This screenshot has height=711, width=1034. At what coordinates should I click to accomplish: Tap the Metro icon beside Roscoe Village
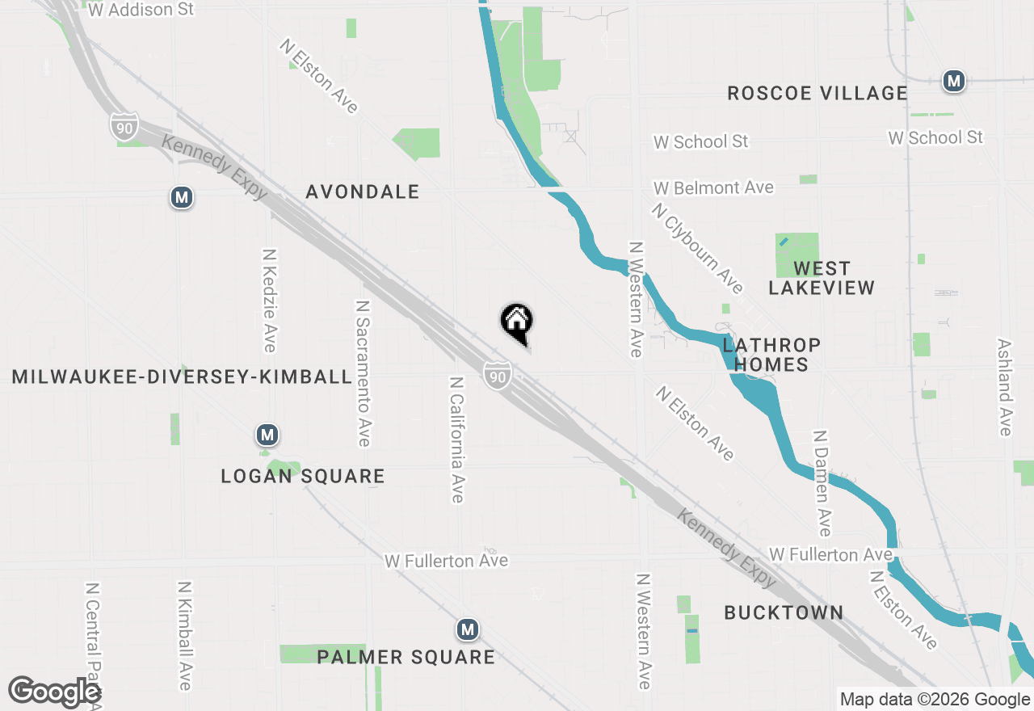click(x=955, y=81)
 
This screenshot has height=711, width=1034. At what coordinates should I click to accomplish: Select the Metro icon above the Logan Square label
click(x=267, y=435)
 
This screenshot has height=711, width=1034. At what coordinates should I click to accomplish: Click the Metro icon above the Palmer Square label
click(x=467, y=629)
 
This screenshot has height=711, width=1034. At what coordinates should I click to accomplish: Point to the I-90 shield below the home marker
click(x=498, y=375)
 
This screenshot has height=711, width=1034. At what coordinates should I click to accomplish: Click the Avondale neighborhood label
click(x=363, y=191)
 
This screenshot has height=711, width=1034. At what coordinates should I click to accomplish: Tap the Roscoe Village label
click(x=818, y=93)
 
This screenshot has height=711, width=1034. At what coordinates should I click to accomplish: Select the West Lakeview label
click(x=822, y=278)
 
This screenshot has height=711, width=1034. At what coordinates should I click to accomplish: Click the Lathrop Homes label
click(x=771, y=355)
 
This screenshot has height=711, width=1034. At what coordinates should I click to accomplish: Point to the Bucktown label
click(x=784, y=612)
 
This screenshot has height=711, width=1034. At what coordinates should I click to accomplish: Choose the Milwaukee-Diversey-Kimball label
click(x=183, y=377)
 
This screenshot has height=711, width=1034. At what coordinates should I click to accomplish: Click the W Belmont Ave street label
click(x=713, y=187)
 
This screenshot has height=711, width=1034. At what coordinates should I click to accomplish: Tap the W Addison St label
click(x=141, y=10)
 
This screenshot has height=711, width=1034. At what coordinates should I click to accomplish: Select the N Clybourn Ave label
click(x=698, y=248)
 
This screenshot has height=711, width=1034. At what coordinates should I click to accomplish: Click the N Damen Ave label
click(x=822, y=482)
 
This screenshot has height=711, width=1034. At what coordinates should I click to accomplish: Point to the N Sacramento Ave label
click(x=363, y=373)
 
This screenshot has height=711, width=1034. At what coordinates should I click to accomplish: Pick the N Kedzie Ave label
click(x=269, y=299)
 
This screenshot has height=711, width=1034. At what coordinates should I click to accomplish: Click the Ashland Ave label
click(x=1005, y=386)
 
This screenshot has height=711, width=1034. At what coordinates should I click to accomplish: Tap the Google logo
click(x=54, y=692)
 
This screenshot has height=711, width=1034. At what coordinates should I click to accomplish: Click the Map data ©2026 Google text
click(x=935, y=700)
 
